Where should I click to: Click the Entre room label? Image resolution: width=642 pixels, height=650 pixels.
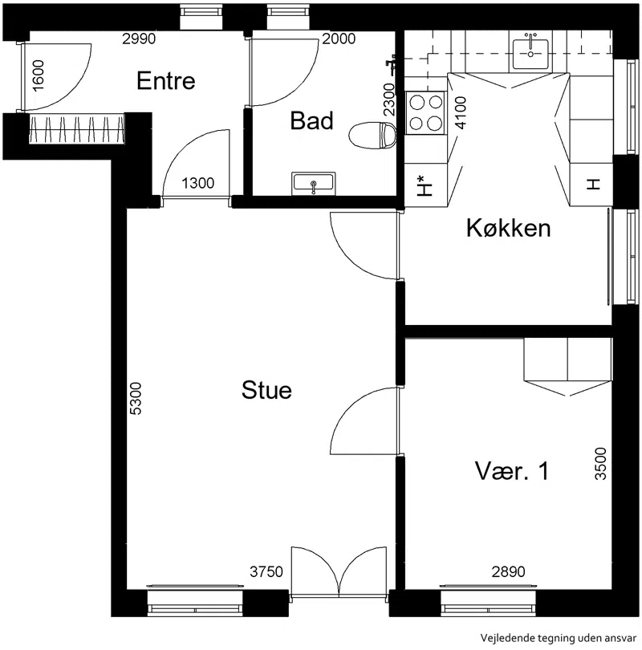(166, 80)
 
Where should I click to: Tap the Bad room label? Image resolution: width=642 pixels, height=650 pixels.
(311, 120)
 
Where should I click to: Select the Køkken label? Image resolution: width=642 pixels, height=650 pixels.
(509, 228)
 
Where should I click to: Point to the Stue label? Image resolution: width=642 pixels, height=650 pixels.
(266, 390)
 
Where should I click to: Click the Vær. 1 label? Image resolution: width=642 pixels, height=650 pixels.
(512, 471)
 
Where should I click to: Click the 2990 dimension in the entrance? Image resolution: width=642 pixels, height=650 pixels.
(139, 39)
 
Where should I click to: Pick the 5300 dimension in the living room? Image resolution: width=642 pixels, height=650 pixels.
(136, 398)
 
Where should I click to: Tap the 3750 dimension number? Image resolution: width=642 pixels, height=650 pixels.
(266, 571)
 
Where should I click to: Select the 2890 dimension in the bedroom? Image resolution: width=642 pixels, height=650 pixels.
(508, 571)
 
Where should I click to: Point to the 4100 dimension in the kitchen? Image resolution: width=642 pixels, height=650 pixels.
(461, 113)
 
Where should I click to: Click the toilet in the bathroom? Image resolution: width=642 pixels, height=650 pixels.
(372, 135)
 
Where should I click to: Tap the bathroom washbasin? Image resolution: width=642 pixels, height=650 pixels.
(313, 184)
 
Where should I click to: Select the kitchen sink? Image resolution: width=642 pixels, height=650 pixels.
(530, 54)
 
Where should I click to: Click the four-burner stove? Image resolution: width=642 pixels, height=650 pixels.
(425, 113)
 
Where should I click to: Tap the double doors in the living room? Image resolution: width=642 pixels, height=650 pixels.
(339, 572)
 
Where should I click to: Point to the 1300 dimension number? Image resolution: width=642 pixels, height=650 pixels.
(197, 183)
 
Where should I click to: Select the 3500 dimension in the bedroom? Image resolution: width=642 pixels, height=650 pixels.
(600, 464)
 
